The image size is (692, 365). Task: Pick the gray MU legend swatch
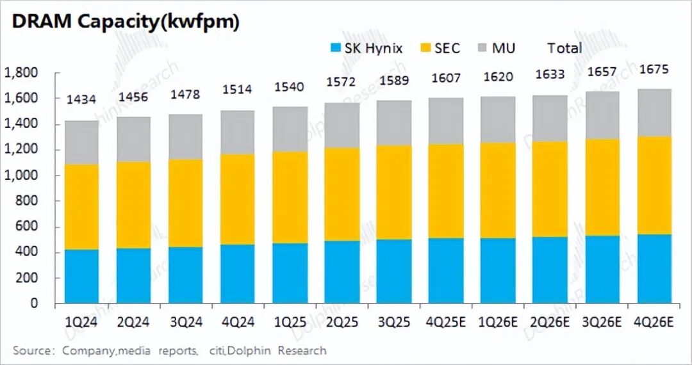(x=483, y=48)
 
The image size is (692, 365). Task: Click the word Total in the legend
(x=564, y=48)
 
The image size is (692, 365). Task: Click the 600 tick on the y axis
(x=26, y=227)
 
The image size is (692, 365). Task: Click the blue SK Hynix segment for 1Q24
(x=82, y=276)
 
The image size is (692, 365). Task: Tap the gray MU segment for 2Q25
(x=342, y=125)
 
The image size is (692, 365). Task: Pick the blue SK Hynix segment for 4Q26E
(x=654, y=268)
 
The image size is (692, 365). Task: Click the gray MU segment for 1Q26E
(x=497, y=120)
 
